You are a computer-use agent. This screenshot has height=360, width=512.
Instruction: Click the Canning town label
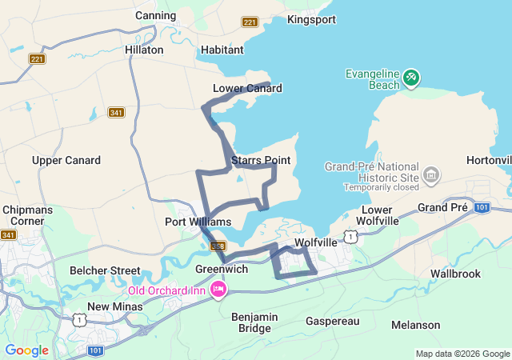coord(156,15)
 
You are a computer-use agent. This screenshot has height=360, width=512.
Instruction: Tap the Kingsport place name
coord(311,19)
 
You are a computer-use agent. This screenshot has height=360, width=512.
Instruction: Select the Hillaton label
coord(144,50)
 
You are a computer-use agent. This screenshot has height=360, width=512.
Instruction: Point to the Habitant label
coord(222,50)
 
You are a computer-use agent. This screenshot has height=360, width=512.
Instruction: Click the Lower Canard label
coord(247,88)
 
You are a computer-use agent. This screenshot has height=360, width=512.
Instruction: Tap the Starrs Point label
coord(261,161)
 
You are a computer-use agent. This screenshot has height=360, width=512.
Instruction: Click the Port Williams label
coord(198,222)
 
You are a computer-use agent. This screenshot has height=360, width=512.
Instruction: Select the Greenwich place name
coord(221,270)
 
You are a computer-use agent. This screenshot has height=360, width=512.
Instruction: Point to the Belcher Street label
coord(105,270)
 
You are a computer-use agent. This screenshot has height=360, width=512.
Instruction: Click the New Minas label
coord(114,306)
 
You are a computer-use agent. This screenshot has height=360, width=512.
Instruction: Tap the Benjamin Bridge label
coord(255,322)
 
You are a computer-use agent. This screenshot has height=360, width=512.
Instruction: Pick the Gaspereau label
coord(333,321)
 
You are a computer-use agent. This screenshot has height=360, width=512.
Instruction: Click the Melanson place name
coord(416,325)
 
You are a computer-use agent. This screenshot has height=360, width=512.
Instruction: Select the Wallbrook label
coord(455,274)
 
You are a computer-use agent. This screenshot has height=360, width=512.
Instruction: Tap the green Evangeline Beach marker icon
coord(410,78)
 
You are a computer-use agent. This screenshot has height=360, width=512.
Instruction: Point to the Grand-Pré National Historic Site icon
coord(431,174)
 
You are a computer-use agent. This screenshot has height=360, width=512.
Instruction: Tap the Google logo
coord(26,350)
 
